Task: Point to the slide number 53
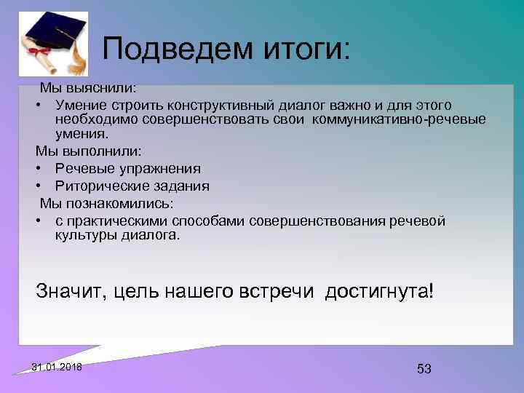tap(424, 369)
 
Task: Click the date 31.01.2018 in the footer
tap(57, 366)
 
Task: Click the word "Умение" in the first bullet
tap(81, 106)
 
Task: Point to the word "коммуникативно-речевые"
tap(400, 119)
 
